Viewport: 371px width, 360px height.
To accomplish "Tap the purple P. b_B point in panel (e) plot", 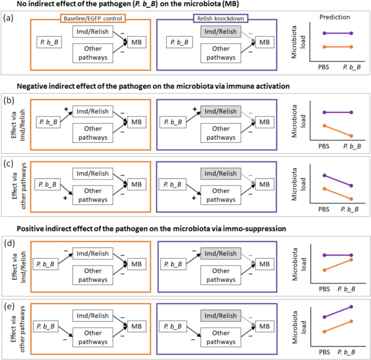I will click(351, 307).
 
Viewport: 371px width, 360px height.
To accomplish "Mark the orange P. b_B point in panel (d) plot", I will click(351, 260).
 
